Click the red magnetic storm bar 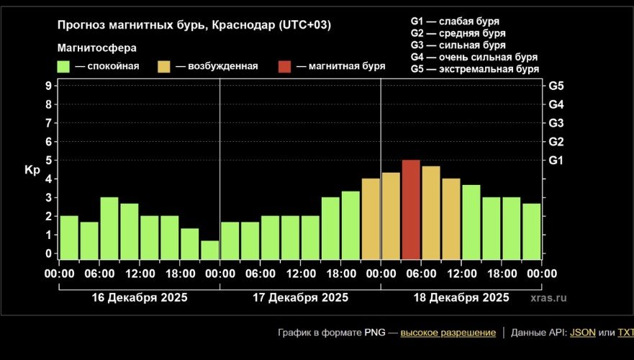click(x=411, y=210)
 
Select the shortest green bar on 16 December click(x=210, y=249)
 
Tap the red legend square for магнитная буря click(x=285, y=66)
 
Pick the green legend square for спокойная click(x=63, y=66)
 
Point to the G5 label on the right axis click(x=556, y=86)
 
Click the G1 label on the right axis click(x=556, y=160)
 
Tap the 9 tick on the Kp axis click(x=48, y=86)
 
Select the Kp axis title click(x=32, y=170)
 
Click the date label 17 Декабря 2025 click(x=300, y=297)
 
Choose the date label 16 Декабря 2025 click(x=140, y=297)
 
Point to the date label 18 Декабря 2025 click(x=461, y=297)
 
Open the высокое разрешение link click(x=448, y=333)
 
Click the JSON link click(x=582, y=333)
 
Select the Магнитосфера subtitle click(x=96, y=48)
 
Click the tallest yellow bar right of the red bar click(x=431, y=212)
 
